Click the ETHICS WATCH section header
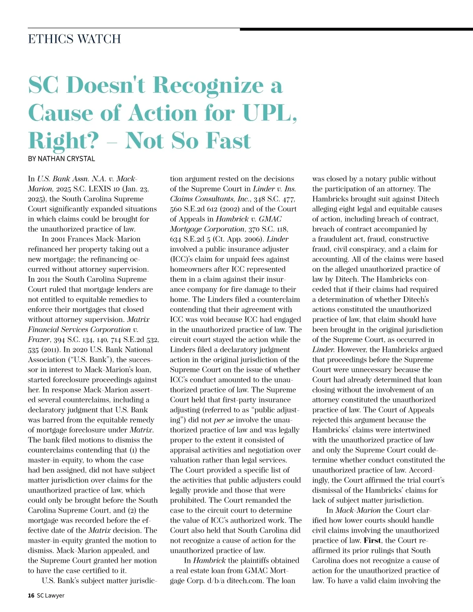[74, 39]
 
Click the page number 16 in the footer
[31, 595]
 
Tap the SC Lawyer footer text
[50, 595]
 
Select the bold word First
[372, 540]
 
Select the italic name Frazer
[39, 340]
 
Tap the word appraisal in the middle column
[186, 450]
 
